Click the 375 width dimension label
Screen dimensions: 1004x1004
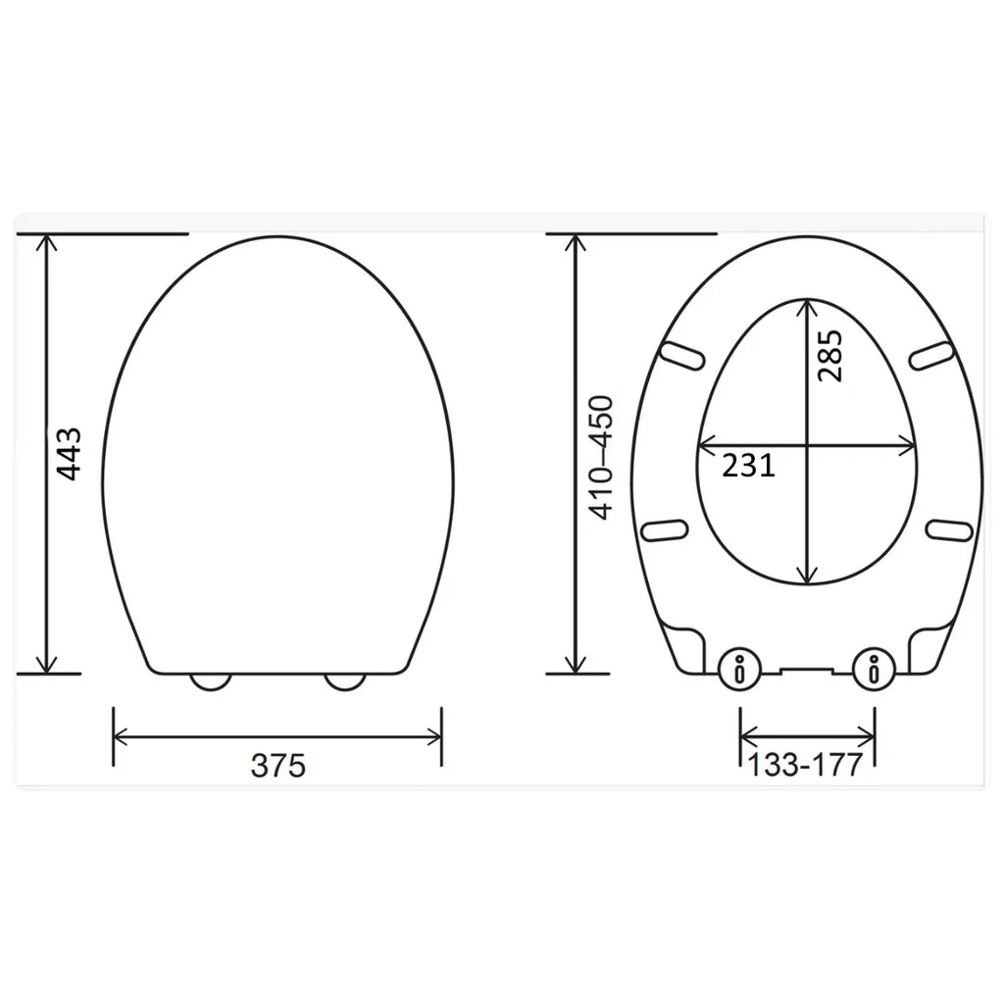tap(277, 766)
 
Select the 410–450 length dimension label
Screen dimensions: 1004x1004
tap(600, 457)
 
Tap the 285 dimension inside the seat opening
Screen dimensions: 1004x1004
tap(829, 356)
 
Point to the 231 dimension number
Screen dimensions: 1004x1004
tap(748, 466)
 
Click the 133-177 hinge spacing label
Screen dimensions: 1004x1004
tap(805, 765)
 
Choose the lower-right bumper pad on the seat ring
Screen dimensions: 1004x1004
tap(949, 529)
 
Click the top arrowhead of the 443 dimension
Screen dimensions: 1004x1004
tap(46, 241)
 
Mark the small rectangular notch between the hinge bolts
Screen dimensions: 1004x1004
tap(806, 672)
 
